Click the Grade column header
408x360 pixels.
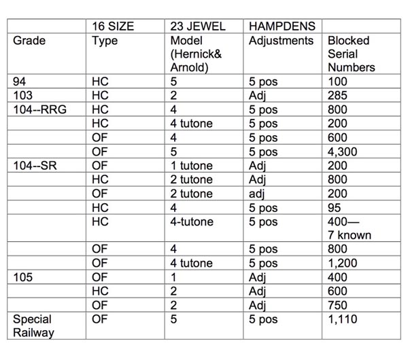[29, 41]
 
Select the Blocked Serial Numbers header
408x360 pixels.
[350, 54]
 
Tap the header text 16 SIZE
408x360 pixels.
[113, 26]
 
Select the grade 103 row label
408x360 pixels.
[23, 96]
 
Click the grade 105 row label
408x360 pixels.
[23, 277]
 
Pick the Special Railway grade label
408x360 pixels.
[32, 325]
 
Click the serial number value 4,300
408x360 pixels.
[342, 151]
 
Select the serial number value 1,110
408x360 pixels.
[342, 319]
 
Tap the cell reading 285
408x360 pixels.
[337, 96]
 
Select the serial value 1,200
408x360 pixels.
[342, 263]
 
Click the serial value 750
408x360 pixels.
[337, 305]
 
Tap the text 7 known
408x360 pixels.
[350, 235]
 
